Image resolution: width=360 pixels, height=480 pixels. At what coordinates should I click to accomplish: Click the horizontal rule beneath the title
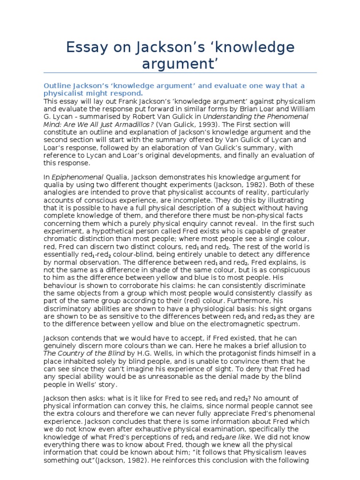pos(180,73)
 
